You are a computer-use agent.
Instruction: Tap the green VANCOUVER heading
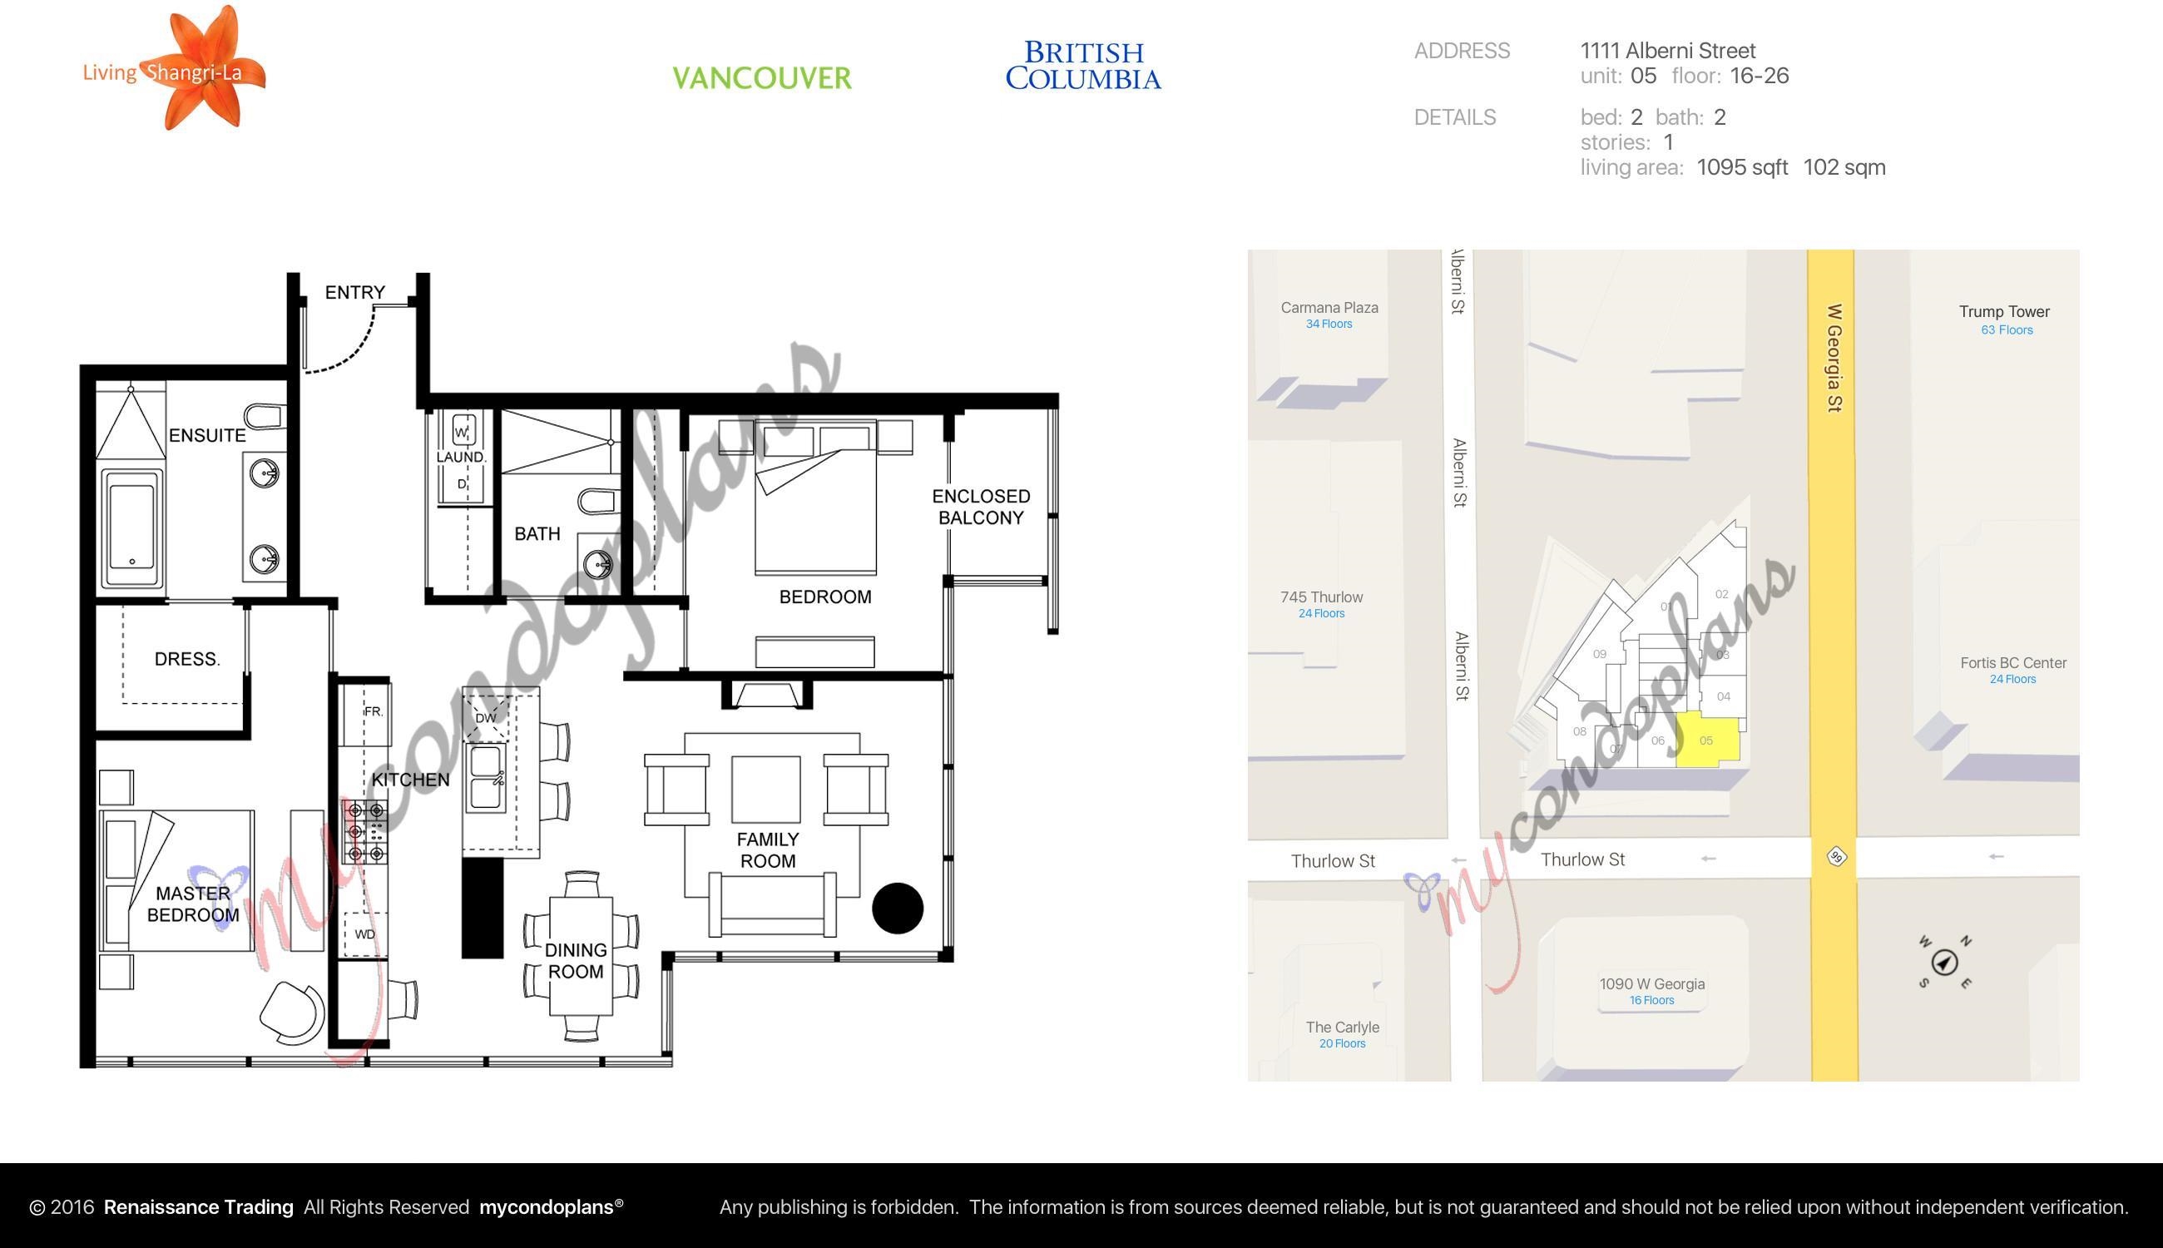click(x=762, y=78)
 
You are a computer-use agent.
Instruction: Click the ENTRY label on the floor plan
click(x=354, y=292)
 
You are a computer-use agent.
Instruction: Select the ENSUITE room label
click(x=207, y=435)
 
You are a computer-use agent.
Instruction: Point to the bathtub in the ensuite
click(x=132, y=527)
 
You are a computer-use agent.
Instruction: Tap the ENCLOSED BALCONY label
click(x=981, y=507)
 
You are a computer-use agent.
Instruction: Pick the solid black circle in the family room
click(x=898, y=908)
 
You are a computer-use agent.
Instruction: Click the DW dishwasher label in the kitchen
click(x=485, y=717)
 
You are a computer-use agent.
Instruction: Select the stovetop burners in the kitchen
click(x=366, y=831)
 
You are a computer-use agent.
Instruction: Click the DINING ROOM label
click(x=576, y=961)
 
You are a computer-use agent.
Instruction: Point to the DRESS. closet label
click(x=187, y=659)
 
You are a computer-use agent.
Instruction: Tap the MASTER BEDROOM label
click(x=193, y=904)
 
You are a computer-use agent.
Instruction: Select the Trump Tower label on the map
click(x=2004, y=312)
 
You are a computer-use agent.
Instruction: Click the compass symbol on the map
click(x=1944, y=963)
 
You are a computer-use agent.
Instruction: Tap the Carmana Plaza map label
click(x=1329, y=308)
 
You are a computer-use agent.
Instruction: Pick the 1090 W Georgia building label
click(x=1652, y=984)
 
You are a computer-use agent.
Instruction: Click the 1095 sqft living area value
click(x=1742, y=167)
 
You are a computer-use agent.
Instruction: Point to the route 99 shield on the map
click(x=1835, y=857)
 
